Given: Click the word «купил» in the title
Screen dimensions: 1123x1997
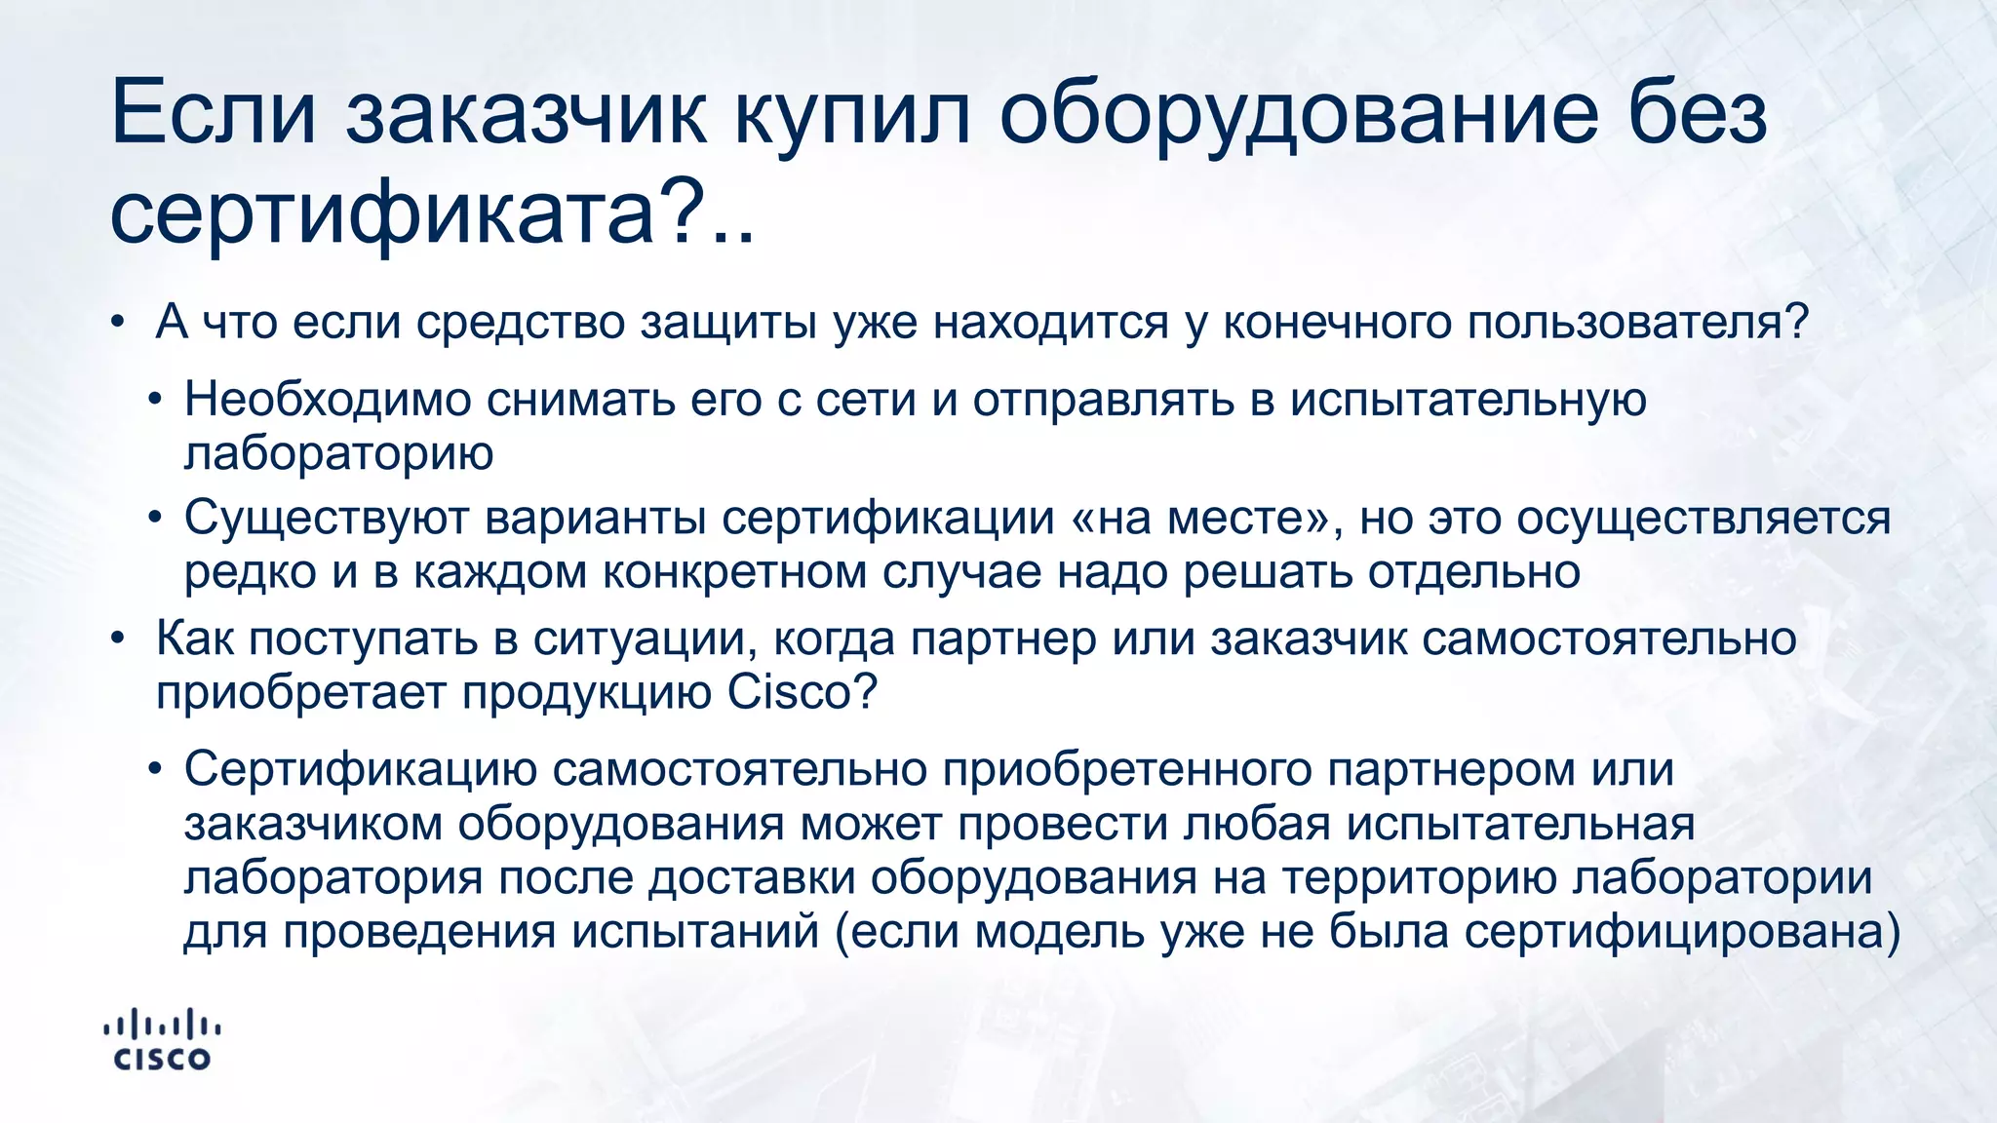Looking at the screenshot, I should [x=851, y=115].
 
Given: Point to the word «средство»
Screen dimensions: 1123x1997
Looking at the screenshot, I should [x=521, y=323].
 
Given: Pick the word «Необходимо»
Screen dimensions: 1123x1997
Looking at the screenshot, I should [x=328, y=400].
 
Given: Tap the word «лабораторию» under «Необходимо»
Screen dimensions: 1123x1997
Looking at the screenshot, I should [x=338, y=453].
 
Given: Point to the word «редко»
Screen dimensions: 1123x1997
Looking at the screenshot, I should [x=250, y=572].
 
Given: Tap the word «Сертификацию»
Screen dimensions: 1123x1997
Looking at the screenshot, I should [x=360, y=769].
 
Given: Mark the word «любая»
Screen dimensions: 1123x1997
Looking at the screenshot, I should [x=1257, y=824].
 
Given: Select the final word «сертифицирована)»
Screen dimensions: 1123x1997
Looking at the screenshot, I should [x=1682, y=932].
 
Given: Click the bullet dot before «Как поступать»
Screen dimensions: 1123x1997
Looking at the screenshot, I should [x=118, y=639].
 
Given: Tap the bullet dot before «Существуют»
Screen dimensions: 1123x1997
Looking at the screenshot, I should [x=154, y=519].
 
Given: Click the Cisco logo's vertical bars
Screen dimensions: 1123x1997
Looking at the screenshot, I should [x=162, y=1024].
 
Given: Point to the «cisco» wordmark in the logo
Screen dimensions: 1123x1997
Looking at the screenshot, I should [x=162, y=1059].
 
